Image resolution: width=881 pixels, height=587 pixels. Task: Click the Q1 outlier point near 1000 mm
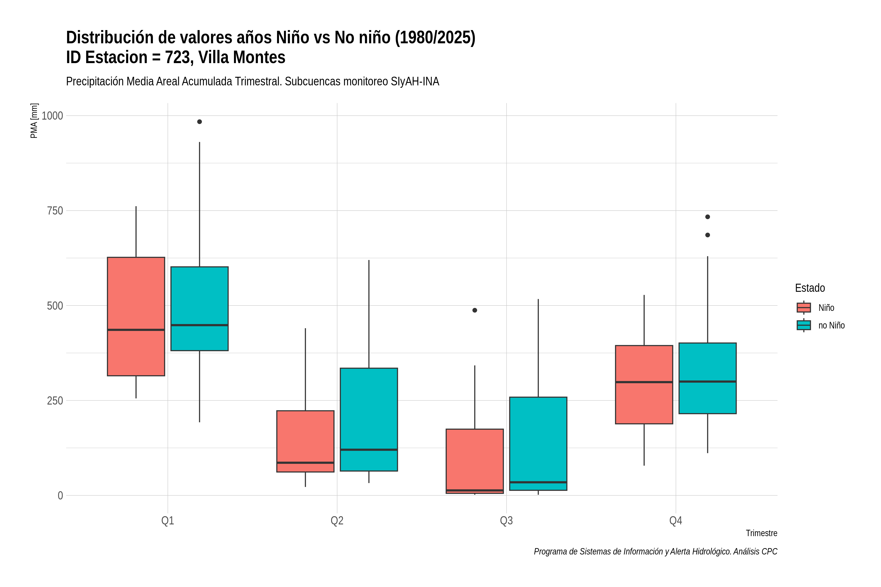coord(200,122)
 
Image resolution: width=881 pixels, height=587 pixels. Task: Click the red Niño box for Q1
coord(136,316)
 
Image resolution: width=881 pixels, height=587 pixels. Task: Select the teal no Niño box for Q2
coord(369,420)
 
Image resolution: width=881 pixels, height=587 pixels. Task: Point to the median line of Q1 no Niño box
coord(200,325)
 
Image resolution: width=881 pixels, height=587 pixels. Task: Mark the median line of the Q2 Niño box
coord(305,463)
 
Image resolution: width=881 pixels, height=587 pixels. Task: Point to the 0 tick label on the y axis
coord(60,496)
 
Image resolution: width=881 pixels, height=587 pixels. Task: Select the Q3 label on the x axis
coord(506,521)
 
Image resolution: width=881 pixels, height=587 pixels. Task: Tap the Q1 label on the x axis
coord(168,521)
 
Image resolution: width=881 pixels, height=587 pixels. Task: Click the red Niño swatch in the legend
coord(804,308)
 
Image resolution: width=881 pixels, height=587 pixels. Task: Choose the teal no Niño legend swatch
coord(804,325)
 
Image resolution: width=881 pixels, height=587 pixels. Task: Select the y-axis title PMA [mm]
coord(34,121)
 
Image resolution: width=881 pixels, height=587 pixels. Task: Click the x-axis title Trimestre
coord(762,533)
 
